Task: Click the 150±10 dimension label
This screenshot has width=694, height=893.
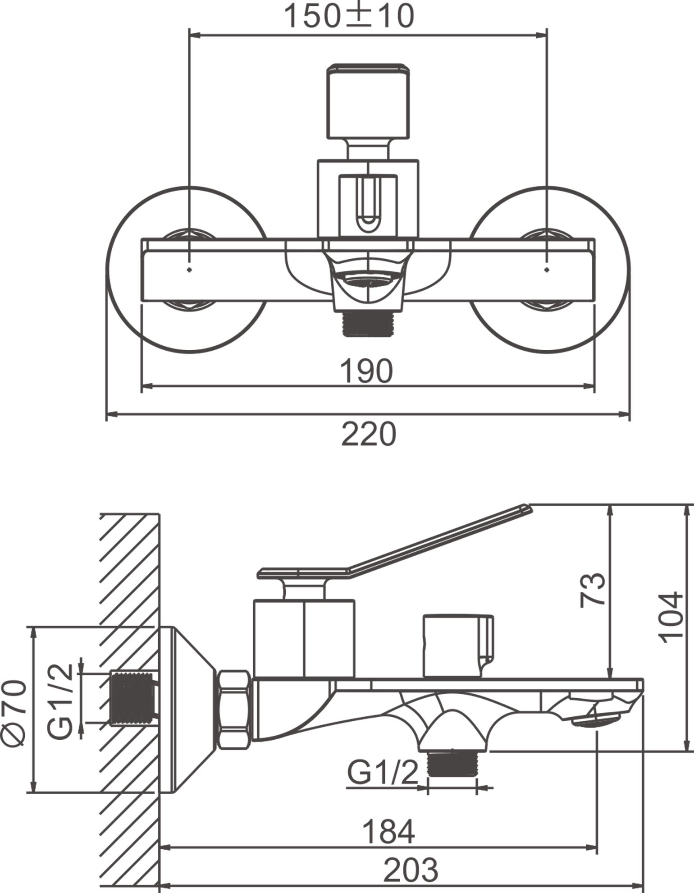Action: [x=349, y=16]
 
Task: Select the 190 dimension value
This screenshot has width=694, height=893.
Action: [x=366, y=371]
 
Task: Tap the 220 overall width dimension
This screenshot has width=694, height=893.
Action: [x=369, y=434]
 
